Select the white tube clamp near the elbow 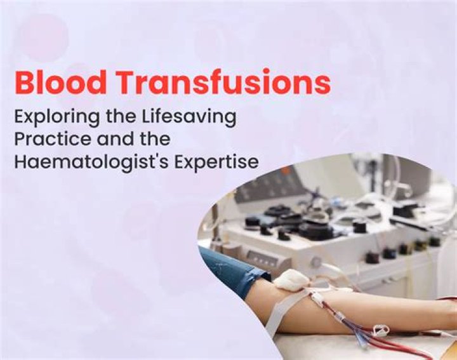pos(380,330)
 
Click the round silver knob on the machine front pos(315,262)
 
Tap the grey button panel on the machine pos(262,257)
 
